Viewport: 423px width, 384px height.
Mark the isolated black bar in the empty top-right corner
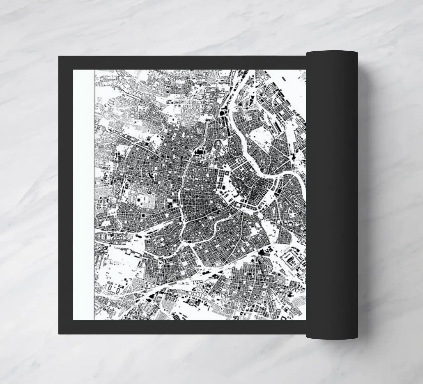point(284,78)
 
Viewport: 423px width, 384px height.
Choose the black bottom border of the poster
point(182,327)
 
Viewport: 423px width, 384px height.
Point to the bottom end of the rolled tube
point(331,336)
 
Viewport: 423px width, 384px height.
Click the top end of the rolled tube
point(331,53)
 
